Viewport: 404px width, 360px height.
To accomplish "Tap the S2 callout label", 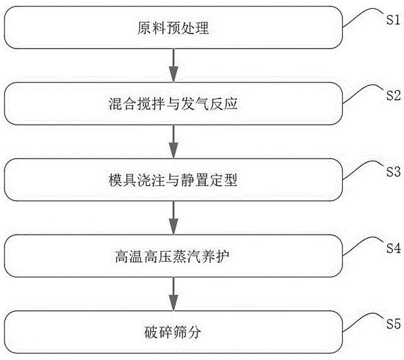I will [x=390, y=96].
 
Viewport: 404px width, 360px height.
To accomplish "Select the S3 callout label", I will [x=390, y=171].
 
